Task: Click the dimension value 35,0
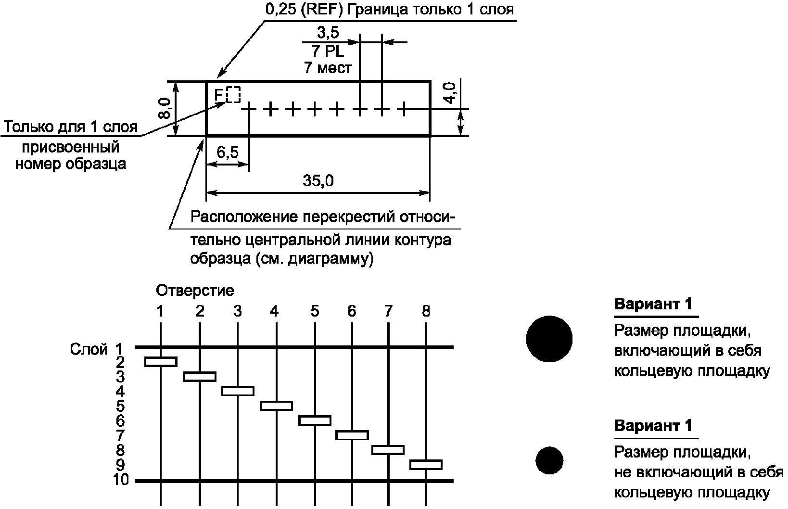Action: click(318, 181)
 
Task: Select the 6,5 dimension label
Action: click(227, 153)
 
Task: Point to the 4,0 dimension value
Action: click(449, 92)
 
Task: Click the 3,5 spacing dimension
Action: click(328, 33)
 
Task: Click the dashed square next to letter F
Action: click(233, 94)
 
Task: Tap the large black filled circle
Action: click(549, 339)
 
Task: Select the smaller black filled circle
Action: click(549, 460)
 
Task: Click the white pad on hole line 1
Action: click(161, 362)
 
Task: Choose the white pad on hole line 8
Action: click(426, 465)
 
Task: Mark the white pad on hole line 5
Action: click(315, 420)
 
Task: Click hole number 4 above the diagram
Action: click(274, 311)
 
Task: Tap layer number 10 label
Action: click(121, 480)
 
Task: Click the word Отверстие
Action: click(195, 291)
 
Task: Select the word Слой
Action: click(89, 349)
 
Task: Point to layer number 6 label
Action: click(120, 420)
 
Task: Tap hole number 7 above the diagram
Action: click(388, 311)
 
